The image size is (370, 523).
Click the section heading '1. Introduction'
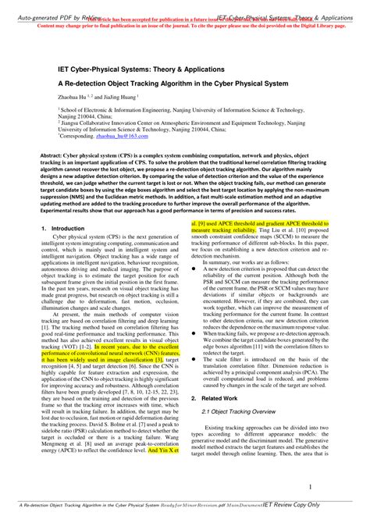click(x=63, y=227)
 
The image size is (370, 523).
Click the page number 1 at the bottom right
click(x=310, y=487)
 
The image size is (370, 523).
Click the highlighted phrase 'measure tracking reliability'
click(x=234, y=231)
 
